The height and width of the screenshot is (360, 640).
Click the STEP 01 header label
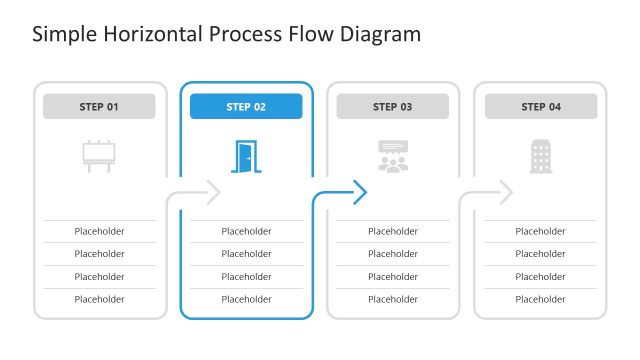[99, 107]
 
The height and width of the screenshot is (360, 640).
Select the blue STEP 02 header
[246, 107]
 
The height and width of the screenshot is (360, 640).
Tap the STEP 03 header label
[392, 107]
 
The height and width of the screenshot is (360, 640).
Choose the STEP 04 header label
[540, 107]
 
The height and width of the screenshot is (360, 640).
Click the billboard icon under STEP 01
[99, 156]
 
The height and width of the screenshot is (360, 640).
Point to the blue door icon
[245, 156]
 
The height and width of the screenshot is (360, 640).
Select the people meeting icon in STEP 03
[393, 156]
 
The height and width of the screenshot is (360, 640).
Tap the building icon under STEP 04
[540, 156]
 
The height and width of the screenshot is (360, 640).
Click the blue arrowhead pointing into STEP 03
[361, 191]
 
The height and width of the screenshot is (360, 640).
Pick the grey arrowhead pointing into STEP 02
[213, 191]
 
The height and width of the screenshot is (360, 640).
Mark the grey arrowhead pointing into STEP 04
[506, 191]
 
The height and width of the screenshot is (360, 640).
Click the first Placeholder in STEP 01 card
[99, 231]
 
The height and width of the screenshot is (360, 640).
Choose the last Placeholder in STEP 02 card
[246, 299]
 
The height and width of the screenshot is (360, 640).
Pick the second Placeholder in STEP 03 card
[393, 254]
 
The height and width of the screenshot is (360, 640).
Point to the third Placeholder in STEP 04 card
[540, 277]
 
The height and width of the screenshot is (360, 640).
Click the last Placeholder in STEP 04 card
[540, 299]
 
